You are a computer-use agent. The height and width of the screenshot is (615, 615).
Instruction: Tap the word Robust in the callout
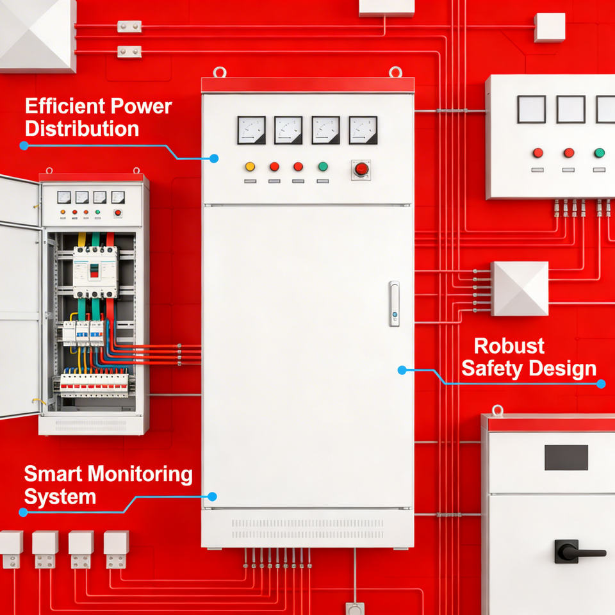(509, 346)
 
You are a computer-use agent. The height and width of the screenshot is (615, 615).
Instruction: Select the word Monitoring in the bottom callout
(140, 474)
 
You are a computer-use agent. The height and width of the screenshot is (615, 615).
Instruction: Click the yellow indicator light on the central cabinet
(250, 167)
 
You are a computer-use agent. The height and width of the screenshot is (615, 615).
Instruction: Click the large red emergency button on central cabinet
(361, 169)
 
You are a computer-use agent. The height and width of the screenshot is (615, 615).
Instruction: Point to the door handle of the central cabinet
(394, 304)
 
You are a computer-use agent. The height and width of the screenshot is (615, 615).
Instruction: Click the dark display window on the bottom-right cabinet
(566, 457)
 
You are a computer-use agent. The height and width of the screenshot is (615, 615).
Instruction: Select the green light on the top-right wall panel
(599, 152)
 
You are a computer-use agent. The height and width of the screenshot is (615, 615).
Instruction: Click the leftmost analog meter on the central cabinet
(251, 130)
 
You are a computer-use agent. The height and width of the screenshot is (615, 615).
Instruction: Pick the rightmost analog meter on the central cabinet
(363, 130)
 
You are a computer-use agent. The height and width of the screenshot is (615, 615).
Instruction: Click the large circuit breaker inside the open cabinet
(95, 271)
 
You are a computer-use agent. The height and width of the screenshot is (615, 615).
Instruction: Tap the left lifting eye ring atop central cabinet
(220, 72)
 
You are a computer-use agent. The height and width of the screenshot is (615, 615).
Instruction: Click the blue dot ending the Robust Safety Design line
(601, 384)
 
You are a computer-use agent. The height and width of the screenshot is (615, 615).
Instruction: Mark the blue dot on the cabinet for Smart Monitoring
(213, 496)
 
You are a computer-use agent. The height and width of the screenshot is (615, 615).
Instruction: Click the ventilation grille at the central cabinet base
(307, 529)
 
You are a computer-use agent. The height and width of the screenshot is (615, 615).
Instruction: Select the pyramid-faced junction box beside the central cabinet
(520, 288)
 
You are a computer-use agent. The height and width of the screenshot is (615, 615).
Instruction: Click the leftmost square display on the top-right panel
(532, 109)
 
